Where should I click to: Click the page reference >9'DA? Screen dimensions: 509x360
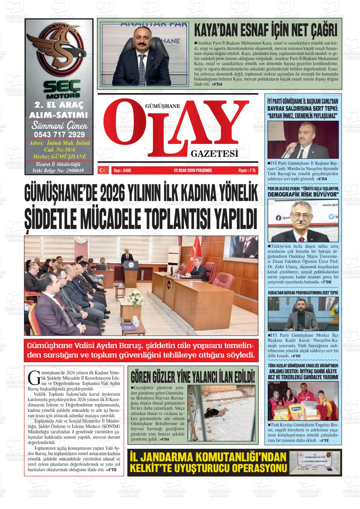(x=217, y=84)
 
